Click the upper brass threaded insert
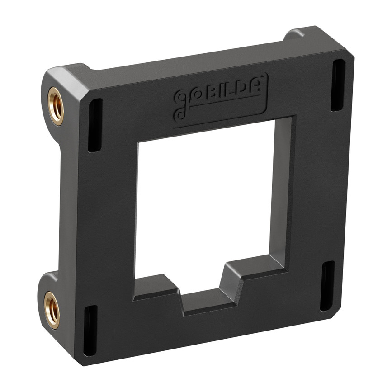(x=56, y=106)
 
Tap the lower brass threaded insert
(x=52, y=310)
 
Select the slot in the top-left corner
(x=95, y=125)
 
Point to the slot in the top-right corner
(x=338, y=85)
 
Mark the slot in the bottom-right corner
(x=327, y=286)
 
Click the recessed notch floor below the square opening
(x=208, y=302)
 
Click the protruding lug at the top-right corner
(x=296, y=34)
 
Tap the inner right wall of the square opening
(x=280, y=190)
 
